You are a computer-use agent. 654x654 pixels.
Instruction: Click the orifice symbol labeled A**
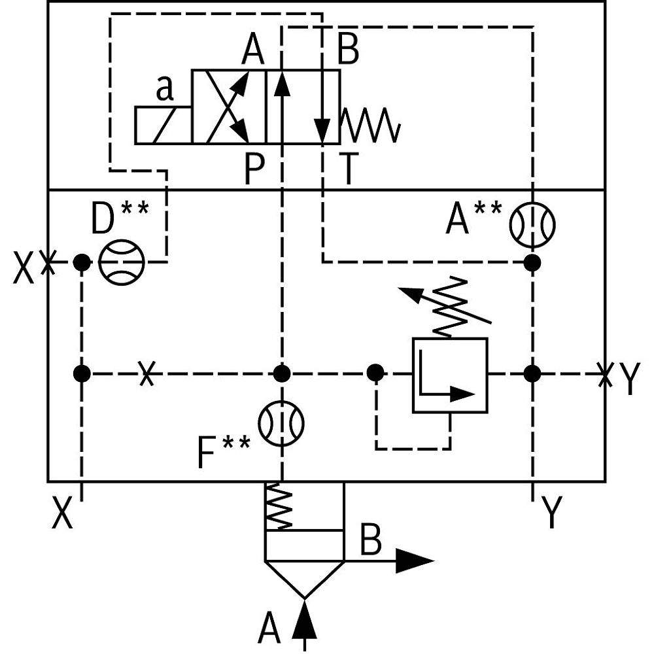pyautogui.click(x=532, y=224)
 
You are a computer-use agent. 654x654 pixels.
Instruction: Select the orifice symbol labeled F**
pyautogui.click(x=282, y=423)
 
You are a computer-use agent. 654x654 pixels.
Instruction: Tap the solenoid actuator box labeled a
pyautogui.click(x=163, y=125)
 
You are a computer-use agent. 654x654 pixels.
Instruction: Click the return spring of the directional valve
pyautogui.click(x=370, y=125)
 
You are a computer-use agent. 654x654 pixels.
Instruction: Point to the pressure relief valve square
pyautogui.click(x=450, y=375)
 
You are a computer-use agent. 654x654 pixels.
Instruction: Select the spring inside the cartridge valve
pyautogui.click(x=279, y=507)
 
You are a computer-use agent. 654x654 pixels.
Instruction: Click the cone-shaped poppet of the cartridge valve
pyautogui.click(x=304, y=579)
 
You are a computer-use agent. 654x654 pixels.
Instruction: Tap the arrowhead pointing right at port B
pyautogui.click(x=414, y=561)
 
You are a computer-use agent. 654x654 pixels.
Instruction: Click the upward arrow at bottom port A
pyautogui.click(x=304, y=621)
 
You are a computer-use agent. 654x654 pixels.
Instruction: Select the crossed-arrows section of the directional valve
pyautogui.click(x=228, y=107)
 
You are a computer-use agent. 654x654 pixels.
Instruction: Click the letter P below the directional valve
pyautogui.click(x=254, y=171)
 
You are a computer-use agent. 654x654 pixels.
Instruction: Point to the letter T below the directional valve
pyautogui.click(x=349, y=171)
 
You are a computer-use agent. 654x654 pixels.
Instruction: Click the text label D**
pyautogui.click(x=120, y=218)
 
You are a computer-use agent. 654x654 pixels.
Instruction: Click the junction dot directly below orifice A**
pyautogui.click(x=532, y=263)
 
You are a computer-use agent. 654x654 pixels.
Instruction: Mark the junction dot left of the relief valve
pyautogui.click(x=375, y=373)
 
